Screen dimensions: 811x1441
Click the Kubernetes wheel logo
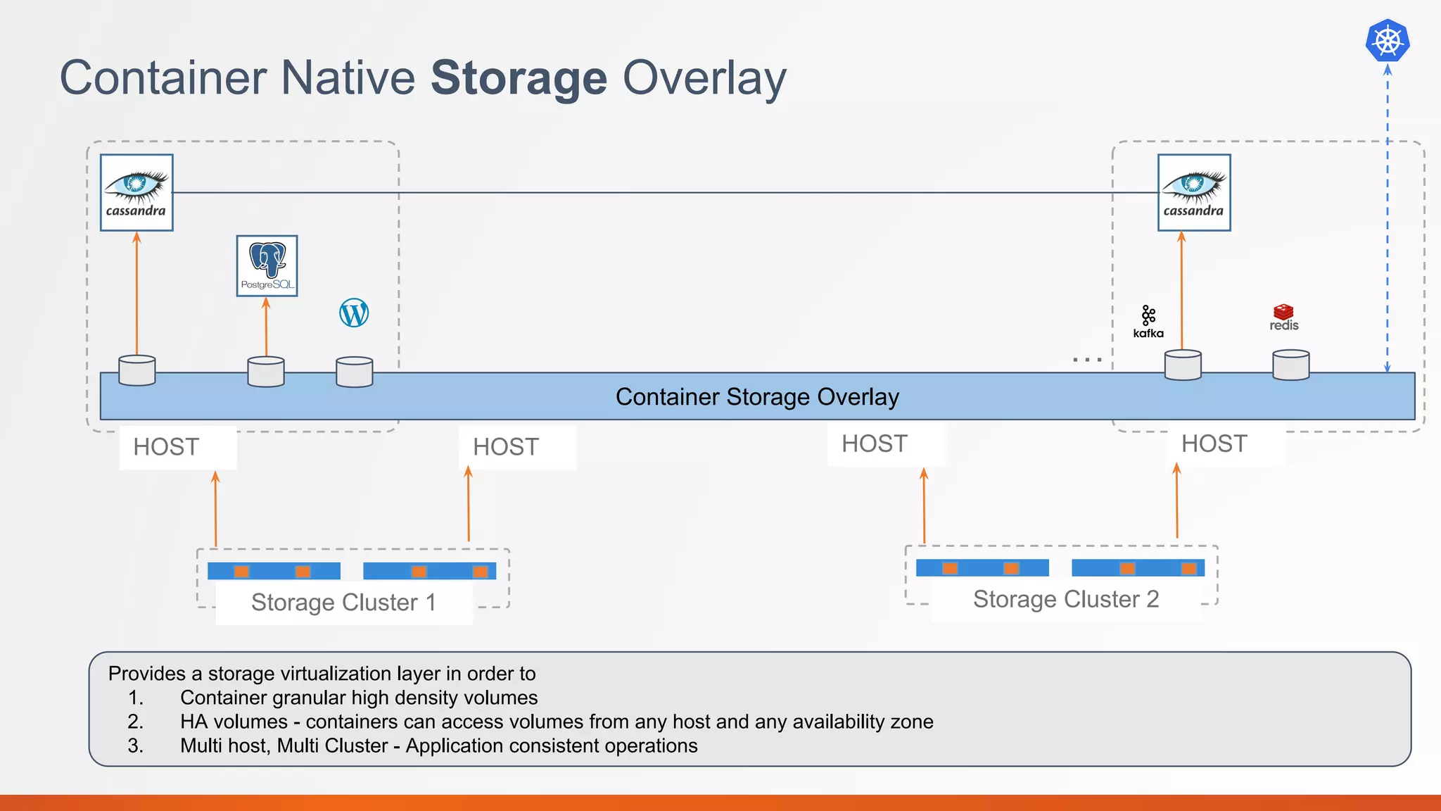[x=1388, y=41]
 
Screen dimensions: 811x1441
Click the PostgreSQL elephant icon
[x=267, y=265]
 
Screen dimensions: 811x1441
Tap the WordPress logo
[x=354, y=313]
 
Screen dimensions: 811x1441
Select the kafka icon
[x=1148, y=322]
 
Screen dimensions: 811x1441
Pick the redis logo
[x=1283, y=317]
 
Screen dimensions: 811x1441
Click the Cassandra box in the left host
[x=137, y=192]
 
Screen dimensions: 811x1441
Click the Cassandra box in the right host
[x=1194, y=192]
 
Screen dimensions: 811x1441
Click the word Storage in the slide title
[x=519, y=77]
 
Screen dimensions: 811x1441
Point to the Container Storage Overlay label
[x=757, y=397]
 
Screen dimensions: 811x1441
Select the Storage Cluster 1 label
[x=343, y=603]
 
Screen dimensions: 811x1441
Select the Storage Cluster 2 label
[x=1065, y=599]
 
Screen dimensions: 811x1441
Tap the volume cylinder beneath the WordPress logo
[x=354, y=372]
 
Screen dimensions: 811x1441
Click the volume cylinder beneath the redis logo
[x=1290, y=365]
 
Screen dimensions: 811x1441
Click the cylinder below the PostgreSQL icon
[x=266, y=372]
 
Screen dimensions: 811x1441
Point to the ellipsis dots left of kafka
[x=1087, y=360]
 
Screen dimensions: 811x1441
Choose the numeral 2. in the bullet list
[x=135, y=722]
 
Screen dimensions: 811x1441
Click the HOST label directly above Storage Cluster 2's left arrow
[x=875, y=444]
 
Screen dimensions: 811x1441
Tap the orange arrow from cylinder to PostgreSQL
[x=266, y=327]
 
